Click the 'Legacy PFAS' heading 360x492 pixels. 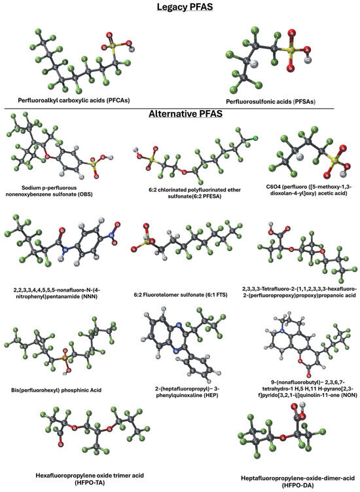pyautogui.click(x=180, y=8)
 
